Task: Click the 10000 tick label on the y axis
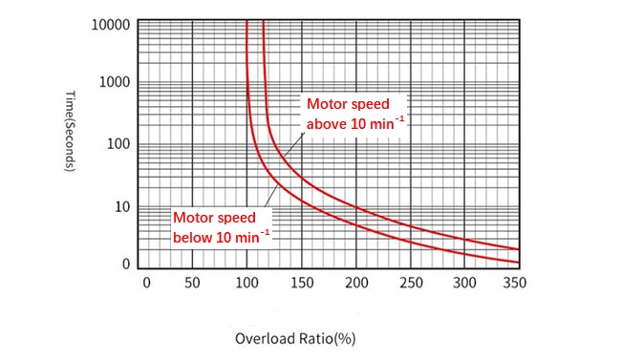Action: click(110, 24)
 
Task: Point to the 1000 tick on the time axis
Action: click(114, 83)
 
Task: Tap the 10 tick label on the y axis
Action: click(121, 207)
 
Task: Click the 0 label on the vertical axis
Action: click(125, 265)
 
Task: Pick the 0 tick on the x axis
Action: click(146, 284)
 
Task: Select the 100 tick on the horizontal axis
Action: click(247, 284)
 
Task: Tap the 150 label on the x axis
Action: click(301, 284)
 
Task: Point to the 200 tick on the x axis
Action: click(354, 284)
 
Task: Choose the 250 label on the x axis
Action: click(409, 284)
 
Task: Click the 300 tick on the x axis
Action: click(462, 284)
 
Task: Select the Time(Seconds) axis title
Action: click(71, 130)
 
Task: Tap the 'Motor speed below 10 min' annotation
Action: click(221, 226)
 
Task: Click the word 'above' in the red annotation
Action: click(325, 123)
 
